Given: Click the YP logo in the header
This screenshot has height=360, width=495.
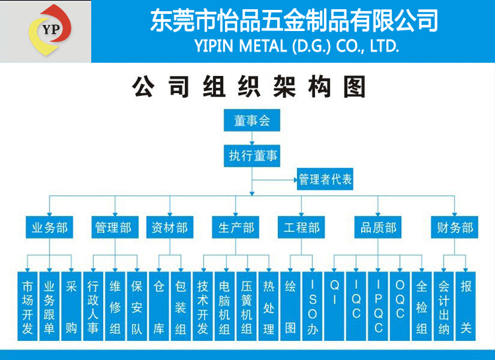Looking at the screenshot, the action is [50, 30].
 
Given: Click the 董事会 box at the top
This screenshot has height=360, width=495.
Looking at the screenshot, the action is [252, 120].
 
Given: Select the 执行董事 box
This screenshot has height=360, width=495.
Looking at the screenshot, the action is [252, 156].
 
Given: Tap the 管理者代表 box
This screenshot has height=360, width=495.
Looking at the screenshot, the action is [325, 179].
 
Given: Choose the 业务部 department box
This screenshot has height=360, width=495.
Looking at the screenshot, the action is [49, 227].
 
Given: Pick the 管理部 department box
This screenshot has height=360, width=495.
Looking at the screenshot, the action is [115, 227].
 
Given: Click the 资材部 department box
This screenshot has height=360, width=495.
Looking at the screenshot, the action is [170, 227].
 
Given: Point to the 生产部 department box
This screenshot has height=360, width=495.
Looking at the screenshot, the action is [236, 227].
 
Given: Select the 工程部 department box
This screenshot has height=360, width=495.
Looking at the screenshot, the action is [301, 227].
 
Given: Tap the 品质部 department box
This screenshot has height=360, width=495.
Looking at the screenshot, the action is [378, 227].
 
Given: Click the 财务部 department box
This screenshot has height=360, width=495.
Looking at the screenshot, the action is [455, 227].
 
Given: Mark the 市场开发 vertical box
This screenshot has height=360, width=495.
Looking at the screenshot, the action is [28, 306].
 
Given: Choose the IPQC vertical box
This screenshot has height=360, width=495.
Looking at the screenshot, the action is [378, 306].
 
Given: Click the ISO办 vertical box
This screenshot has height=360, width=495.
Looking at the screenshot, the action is [312, 306].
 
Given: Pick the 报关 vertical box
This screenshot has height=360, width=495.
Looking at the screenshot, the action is [466, 306].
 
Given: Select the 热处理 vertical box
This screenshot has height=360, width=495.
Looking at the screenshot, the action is [269, 306].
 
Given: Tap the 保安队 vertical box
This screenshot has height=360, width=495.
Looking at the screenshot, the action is [137, 306].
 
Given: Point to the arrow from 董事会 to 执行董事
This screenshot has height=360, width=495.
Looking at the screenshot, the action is [252, 138].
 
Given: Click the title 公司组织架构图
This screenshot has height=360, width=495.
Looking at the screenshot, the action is [249, 87].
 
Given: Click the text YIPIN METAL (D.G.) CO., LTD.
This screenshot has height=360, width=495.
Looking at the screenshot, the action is [297, 46].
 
